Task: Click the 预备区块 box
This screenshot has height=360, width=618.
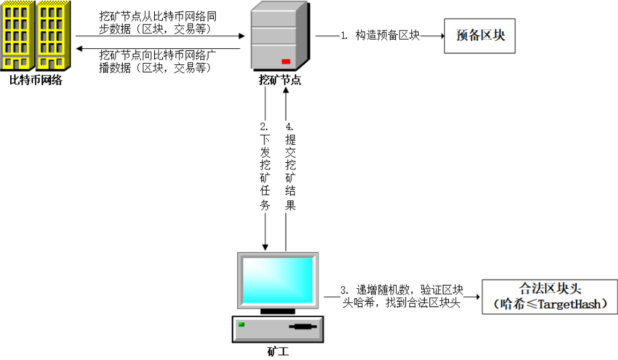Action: pos(480,36)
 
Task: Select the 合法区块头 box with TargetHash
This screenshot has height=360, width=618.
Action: pos(549,296)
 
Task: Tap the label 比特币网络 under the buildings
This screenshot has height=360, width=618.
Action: pos(36,81)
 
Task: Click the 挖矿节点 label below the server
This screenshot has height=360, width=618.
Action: pos(280,81)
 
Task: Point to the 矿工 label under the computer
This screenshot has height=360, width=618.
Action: pos(278,351)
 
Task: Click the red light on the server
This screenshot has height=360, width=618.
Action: pos(286,61)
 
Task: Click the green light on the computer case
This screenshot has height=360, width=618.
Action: pos(242,324)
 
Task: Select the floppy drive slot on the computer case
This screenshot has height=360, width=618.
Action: pos(303,326)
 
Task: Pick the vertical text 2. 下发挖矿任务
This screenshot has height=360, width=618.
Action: pos(265,167)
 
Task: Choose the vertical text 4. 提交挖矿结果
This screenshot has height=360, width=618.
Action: pos(290,167)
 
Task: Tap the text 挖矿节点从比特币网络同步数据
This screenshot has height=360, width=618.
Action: pos(157,22)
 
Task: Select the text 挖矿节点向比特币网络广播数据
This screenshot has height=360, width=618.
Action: pos(157,61)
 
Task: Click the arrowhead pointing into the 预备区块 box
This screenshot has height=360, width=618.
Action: pos(441,36)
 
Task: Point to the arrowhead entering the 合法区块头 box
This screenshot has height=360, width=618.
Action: pos(478,296)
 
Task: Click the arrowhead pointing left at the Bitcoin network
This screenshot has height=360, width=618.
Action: pos(79,49)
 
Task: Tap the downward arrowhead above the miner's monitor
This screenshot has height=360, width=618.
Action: pos(265,246)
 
